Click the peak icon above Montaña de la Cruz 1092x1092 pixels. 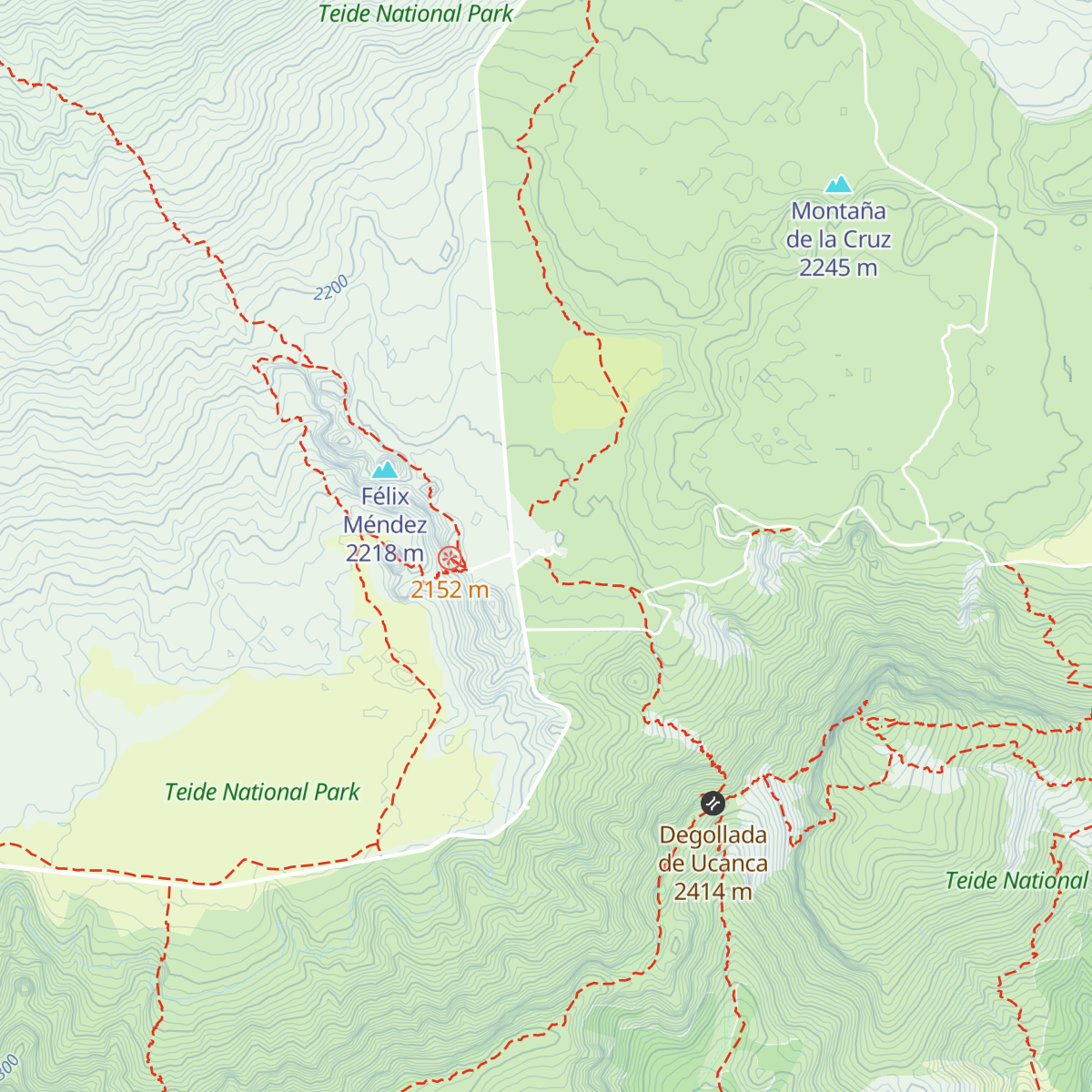838,185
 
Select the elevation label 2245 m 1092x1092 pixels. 838,268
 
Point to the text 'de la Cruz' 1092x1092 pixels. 838,239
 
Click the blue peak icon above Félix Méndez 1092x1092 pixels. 385,470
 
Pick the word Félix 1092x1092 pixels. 385,497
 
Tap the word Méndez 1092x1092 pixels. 385,525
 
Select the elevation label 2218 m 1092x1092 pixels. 385,553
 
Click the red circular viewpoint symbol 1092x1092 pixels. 450,559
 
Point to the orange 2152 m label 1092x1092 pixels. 450,591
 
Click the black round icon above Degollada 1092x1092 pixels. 713,804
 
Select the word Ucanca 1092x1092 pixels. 729,864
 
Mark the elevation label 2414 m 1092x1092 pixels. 713,892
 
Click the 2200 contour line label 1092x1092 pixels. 331,289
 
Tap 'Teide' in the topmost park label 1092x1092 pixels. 344,14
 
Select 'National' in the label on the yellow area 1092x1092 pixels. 263,793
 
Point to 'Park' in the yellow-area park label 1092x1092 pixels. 337,793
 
